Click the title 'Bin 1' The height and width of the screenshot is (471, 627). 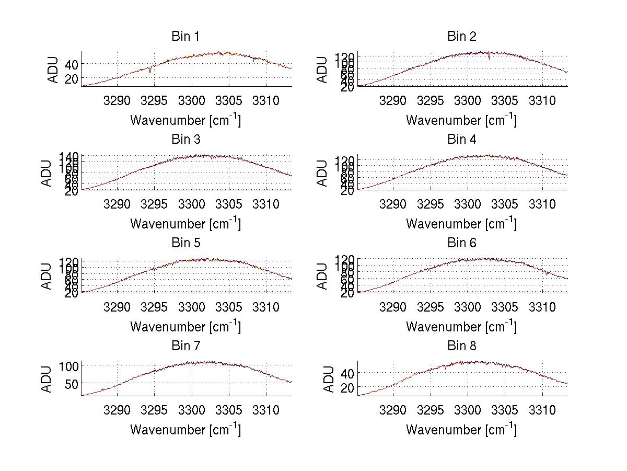185,37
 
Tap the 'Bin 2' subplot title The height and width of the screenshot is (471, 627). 462,37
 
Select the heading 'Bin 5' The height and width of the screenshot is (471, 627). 185,243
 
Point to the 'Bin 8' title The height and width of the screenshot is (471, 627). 462,346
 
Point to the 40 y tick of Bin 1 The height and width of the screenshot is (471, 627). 71,64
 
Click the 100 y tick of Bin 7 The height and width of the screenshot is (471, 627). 68,365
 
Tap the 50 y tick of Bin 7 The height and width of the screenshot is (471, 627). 71,383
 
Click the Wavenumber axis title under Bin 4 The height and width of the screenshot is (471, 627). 461,224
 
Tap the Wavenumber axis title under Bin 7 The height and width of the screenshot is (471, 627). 185,430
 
